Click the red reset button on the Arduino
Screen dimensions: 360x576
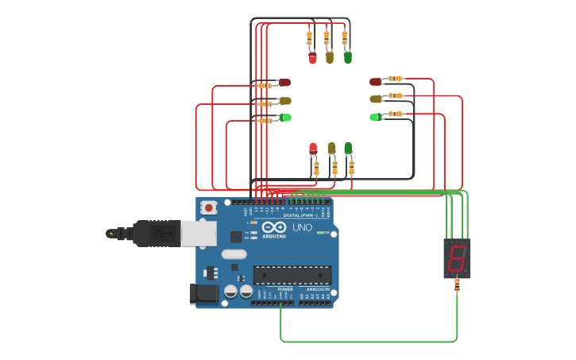209,208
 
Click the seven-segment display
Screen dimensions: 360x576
457,258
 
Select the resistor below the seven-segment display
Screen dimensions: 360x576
456,287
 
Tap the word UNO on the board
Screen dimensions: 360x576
303,227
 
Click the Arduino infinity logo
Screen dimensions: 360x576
273,226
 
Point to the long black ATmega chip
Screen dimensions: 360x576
292,274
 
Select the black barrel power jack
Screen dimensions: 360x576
204,293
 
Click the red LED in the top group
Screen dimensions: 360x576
312,58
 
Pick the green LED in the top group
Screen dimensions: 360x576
347,58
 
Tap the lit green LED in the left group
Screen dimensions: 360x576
285,118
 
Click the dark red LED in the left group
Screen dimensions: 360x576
284,83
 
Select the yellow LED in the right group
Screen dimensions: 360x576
376,99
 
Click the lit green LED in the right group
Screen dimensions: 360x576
375,117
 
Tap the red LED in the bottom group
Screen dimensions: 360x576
313,149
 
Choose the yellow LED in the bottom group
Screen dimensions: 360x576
331,149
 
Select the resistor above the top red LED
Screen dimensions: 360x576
309,37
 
